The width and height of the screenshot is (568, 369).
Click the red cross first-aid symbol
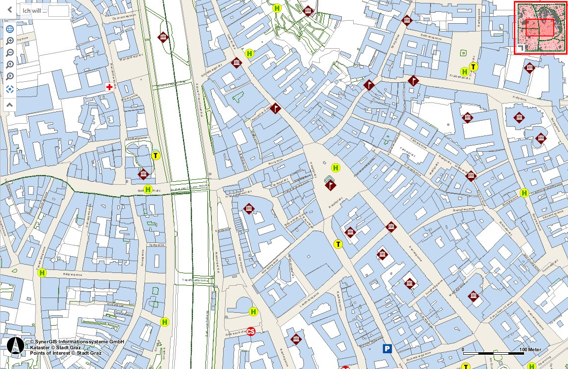[109, 87]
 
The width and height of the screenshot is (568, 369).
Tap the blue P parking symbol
[388, 349]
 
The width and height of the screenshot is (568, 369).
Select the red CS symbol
[251, 332]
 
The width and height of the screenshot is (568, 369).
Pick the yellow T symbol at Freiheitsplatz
[473, 67]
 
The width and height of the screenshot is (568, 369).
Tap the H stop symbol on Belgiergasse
[42, 272]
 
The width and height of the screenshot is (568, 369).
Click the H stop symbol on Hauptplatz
[336, 168]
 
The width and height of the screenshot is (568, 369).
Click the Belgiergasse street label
[71, 273]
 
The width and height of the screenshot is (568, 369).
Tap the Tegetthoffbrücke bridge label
[198, 279]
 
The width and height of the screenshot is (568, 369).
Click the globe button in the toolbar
[10, 29]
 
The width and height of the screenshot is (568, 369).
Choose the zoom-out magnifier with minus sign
[10, 53]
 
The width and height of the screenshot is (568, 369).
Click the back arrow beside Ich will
[9, 9]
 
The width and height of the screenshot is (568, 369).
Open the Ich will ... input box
[59, 10]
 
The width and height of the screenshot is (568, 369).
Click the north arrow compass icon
[16, 346]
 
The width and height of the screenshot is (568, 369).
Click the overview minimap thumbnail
[540, 28]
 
